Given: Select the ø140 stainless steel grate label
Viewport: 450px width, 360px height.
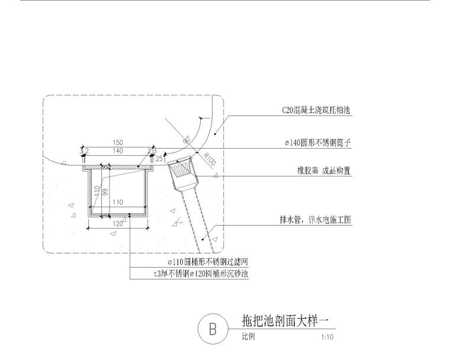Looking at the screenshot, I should (316, 143).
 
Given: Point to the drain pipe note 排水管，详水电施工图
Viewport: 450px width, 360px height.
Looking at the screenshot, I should (316, 219).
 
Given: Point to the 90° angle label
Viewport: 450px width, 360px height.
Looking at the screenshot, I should (187, 140).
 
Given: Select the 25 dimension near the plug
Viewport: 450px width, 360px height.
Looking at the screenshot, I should (159, 159).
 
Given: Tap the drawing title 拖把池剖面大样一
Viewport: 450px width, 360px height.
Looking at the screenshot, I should (285, 321).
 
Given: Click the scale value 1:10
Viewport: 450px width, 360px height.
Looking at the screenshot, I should (326, 337).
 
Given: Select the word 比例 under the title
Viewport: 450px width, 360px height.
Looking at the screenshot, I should (249, 337).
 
